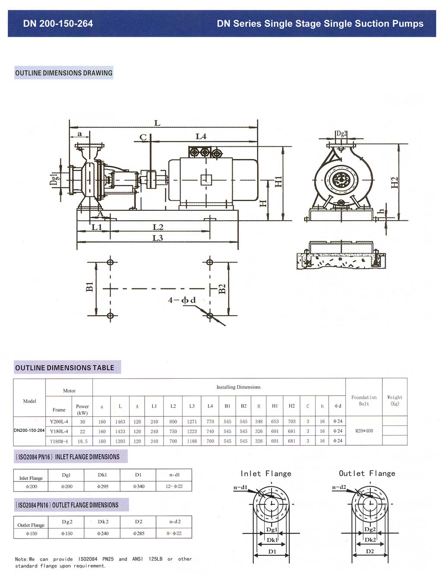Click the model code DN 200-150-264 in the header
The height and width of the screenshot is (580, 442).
pos(58,23)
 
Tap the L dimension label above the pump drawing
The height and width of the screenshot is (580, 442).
pos(157,123)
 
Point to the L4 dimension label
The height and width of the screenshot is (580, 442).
pos(201,136)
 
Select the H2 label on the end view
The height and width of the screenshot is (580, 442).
pos(394,182)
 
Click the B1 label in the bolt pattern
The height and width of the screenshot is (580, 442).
pos(90,287)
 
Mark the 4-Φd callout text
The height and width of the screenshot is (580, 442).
pos(182,300)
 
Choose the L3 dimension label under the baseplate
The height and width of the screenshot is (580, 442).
pos(158,238)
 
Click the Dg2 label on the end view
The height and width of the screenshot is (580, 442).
pos(341,134)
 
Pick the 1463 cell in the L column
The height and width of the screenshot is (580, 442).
pos(120,422)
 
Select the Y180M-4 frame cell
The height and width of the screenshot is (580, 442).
pos(59,441)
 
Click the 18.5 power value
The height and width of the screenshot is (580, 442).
pos(82,441)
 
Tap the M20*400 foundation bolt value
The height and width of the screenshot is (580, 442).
pos(364,431)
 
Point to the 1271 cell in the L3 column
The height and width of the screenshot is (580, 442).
pos(192,422)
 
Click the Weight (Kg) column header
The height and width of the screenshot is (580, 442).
pos(395,400)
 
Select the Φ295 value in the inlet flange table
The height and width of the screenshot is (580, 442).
pos(103,486)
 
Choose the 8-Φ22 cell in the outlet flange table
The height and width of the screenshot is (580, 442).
pos(174,533)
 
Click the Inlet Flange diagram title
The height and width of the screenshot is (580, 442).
pos(266,473)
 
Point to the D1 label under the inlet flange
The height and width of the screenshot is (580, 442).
pos(272,551)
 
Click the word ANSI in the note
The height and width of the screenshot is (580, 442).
pos(138,559)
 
